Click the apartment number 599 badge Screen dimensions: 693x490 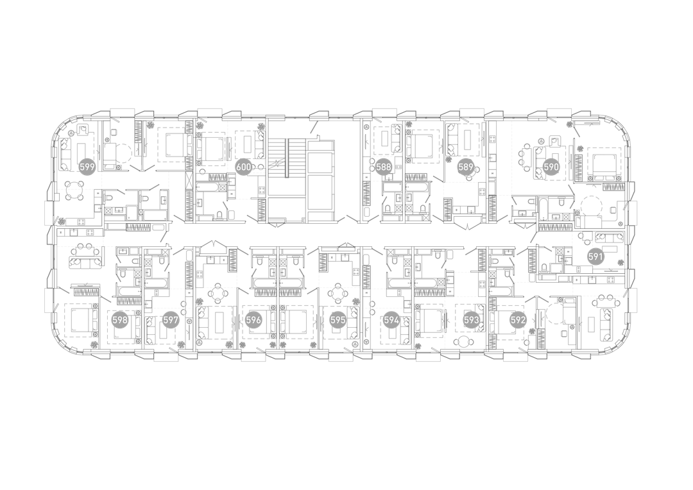87,167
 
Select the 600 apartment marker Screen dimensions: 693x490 244,167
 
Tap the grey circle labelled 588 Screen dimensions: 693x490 384,167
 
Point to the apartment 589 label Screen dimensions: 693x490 466,167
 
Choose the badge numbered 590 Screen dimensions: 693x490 551,167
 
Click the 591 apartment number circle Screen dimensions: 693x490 595,257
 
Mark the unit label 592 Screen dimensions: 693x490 518,320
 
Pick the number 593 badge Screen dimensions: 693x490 472,320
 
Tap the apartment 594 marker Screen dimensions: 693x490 391,320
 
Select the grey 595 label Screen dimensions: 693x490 338,320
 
